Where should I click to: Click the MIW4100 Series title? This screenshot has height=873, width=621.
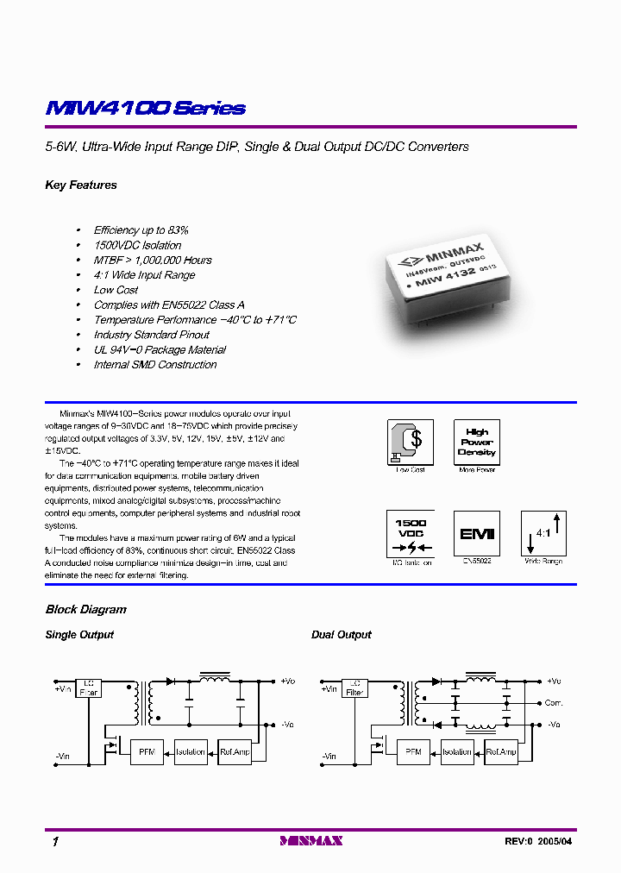pos(145,109)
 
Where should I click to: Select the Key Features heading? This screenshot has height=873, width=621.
pos(80,185)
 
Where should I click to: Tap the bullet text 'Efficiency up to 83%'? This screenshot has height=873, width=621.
pos(141,230)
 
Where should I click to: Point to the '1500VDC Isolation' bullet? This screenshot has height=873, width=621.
pos(137,245)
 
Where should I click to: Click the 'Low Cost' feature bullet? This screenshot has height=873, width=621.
pos(116,290)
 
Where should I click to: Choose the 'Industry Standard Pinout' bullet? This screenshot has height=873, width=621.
pos(151,335)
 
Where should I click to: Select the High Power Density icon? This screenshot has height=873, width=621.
pos(476,442)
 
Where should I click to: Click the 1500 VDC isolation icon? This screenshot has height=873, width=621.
pos(410,534)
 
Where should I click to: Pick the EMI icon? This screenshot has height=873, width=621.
pos(476,534)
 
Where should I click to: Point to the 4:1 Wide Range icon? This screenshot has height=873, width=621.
pos(543,534)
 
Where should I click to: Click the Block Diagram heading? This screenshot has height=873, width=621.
pos(85,610)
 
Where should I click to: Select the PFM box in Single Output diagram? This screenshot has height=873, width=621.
pos(146,751)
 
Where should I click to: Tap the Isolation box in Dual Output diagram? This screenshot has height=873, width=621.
pos(457,751)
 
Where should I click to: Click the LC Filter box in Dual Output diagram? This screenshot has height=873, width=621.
pos(354,688)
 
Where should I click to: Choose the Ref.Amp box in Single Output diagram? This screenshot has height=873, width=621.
pos(235,751)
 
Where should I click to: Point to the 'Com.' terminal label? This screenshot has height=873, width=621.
pos(553,703)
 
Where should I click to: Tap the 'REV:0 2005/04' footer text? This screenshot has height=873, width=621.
pos(537,841)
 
